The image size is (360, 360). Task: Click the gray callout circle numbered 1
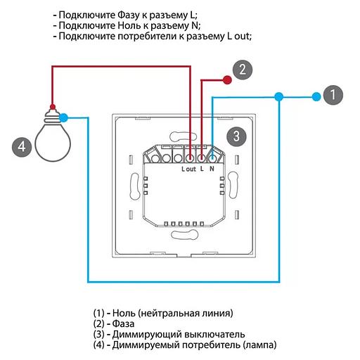(333, 95)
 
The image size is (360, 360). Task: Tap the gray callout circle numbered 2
(243, 70)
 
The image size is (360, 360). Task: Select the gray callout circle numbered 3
(236, 136)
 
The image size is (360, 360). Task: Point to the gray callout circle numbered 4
(22, 147)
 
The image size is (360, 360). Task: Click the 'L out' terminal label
(188, 169)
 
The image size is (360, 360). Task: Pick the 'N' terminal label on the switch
(212, 169)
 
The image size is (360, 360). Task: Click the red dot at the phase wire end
(227, 80)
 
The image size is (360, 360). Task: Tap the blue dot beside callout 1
(316, 96)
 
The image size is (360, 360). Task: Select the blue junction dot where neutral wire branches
(279, 96)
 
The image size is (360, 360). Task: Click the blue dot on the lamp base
(64, 117)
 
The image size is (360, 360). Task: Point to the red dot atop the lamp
(53, 107)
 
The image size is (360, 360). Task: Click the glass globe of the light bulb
(53, 143)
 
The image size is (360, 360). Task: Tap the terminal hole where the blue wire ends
(212, 159)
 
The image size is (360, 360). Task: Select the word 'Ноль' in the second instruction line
(129, 26)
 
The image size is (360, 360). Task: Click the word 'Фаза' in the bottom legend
(123, 323)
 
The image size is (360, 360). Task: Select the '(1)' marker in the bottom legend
(98, 313)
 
